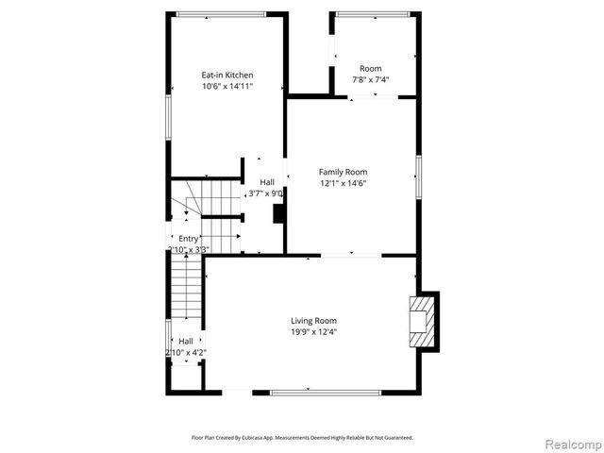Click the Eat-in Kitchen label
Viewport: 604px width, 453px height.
tap(227, 75)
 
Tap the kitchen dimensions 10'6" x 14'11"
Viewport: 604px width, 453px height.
tap(227, 86)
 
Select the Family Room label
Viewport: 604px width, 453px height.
tap(343, 172)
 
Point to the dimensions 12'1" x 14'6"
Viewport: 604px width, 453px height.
tap(343, 183)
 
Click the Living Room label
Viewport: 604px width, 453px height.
tap(313, 321)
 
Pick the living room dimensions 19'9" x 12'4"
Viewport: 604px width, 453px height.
tap(313, 332)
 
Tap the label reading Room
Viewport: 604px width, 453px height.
tap(371, 68)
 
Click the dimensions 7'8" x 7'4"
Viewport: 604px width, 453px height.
tap(371, 79)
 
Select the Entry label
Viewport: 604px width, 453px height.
tap(189, 239)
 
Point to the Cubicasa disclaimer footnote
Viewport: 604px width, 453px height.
tap(302, 438)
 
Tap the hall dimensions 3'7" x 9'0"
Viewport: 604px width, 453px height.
tap(265, 193)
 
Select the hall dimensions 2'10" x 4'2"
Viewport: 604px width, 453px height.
tap(186, 352)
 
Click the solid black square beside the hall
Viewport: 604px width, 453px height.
tap(279, 213)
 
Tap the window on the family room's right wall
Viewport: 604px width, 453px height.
tap(417, 176)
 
